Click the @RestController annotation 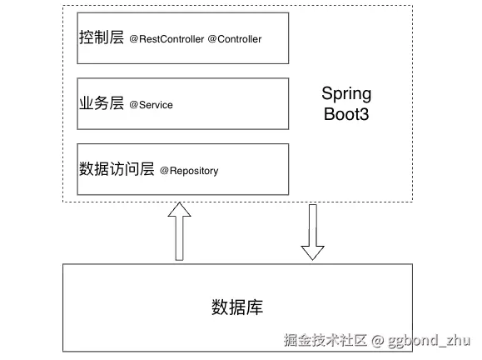(166, 39)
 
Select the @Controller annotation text (235, 39)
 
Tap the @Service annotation (151, 105)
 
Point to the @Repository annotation (189, 171)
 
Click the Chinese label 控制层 (102, 37)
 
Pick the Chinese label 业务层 (102, 102)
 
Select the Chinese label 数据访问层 (117, 168)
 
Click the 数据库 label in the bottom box (237, 307)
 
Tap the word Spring (346, 94)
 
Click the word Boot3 (346, 114)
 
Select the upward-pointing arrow (180, 232)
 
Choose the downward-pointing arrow (313, 232)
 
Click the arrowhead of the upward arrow (180, 209)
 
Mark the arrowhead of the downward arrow (313, 253)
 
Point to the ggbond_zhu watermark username (429, 341)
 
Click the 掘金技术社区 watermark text (325, 340)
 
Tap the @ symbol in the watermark (377, 341)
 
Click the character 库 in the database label (255, 307)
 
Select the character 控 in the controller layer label (87, 37)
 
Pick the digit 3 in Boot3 (365, 114)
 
